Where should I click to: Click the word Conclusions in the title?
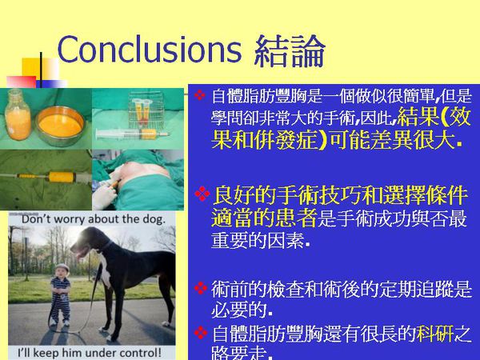pos(149,50)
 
